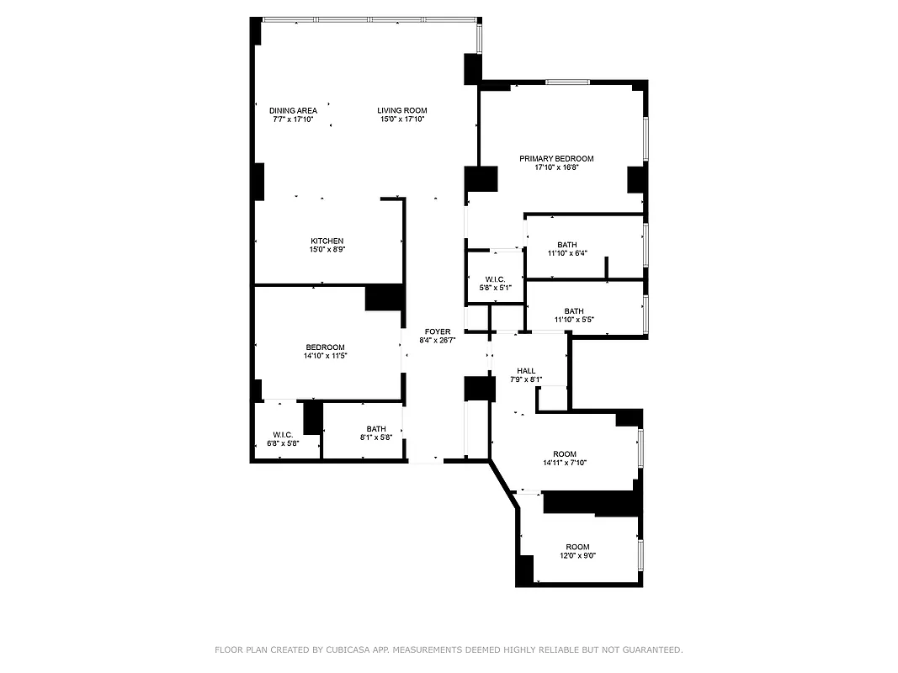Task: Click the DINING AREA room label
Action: pos(293,110)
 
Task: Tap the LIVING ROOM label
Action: pos(401,110)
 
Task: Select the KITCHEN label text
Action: pos(327,241)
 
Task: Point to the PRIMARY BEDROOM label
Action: pos(556,158)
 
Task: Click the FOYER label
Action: pos(437,331)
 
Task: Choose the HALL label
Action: pos(526,370)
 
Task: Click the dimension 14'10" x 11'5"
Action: pos(325,356)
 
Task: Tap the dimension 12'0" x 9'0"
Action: pos(577,555)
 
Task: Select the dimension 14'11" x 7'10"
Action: pos(564,463)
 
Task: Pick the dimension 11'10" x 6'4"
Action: pos(566,253)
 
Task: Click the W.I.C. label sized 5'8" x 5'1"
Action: pos(494,279)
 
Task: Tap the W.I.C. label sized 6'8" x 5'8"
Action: pos(282,435)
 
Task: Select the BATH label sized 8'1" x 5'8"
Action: pos(376,429)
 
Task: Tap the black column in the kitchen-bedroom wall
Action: pos(384,298)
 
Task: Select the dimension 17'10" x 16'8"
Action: pos(556,167)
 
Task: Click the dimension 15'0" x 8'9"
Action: pos(327,250)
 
